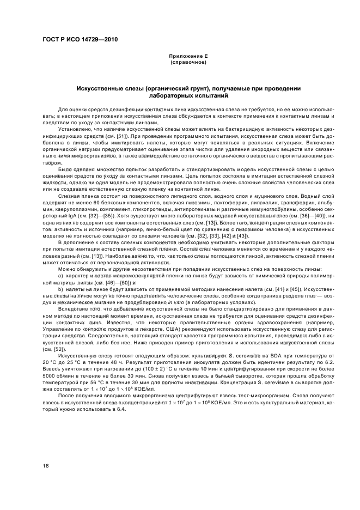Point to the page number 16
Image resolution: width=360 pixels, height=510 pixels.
tap(46, 465)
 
